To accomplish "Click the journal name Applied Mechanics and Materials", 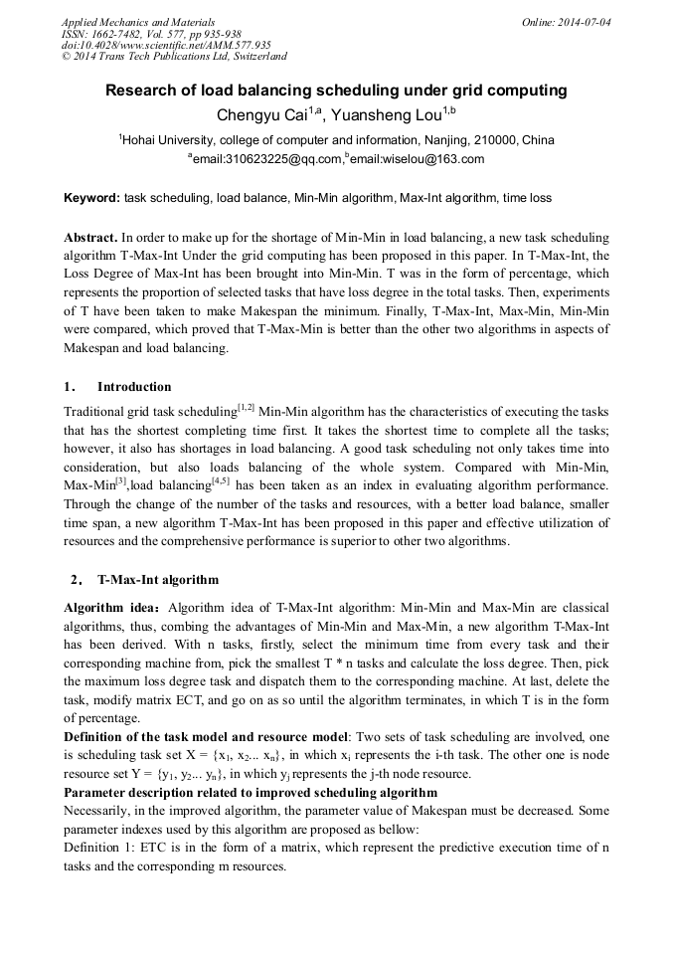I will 137,21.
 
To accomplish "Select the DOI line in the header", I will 166,45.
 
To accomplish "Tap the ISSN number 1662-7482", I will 126,33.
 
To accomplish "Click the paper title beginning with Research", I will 336,91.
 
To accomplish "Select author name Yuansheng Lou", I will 389,115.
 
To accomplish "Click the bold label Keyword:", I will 91,198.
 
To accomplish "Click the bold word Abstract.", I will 89,240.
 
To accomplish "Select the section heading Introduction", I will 134,387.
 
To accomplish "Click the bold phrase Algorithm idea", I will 111,607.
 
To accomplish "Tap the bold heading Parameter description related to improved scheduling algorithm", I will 250,793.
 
